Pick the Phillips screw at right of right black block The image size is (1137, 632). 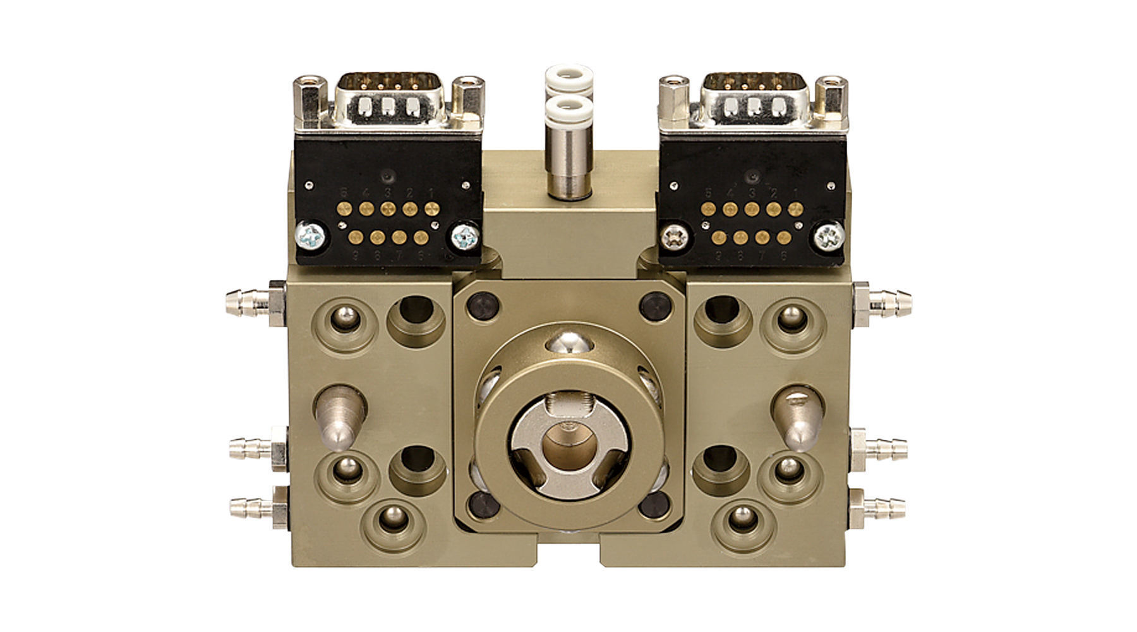(829, 237)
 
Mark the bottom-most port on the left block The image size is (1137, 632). (392, 521)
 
